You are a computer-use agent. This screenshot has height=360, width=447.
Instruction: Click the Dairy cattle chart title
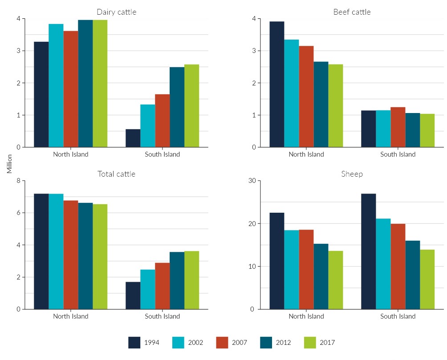tap(116, 12)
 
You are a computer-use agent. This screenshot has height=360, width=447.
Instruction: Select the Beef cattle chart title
tap(352, 12)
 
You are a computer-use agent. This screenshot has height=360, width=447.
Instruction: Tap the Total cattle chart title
tap(116, 174)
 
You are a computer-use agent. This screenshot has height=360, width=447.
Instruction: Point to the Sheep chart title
tap(352, 174)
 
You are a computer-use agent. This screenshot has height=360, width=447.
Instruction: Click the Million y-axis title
tap(9, 164)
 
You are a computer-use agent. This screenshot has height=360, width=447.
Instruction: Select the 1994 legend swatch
tap(134, 342)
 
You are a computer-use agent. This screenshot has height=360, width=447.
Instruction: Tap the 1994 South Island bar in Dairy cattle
tap(133, 138)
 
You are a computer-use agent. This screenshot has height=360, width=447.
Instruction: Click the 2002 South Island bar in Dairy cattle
tap(147, 126)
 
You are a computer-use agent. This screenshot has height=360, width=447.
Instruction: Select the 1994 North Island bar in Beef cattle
tap(277, 85)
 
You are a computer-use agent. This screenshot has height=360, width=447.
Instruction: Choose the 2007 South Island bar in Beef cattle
tap(398, 127)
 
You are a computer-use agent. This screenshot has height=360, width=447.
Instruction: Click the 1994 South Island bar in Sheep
tap(368, 251)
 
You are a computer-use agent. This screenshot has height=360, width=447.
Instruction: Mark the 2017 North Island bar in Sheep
tap(335, 280)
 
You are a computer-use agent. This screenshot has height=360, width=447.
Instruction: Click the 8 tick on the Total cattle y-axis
tap(18, 181)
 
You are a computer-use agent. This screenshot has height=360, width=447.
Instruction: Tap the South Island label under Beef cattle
tap(398, 154)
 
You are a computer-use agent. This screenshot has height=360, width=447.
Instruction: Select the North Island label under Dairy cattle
tap(71, 154)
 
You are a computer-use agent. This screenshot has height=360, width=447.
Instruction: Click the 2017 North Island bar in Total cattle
tap(100, 257)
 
